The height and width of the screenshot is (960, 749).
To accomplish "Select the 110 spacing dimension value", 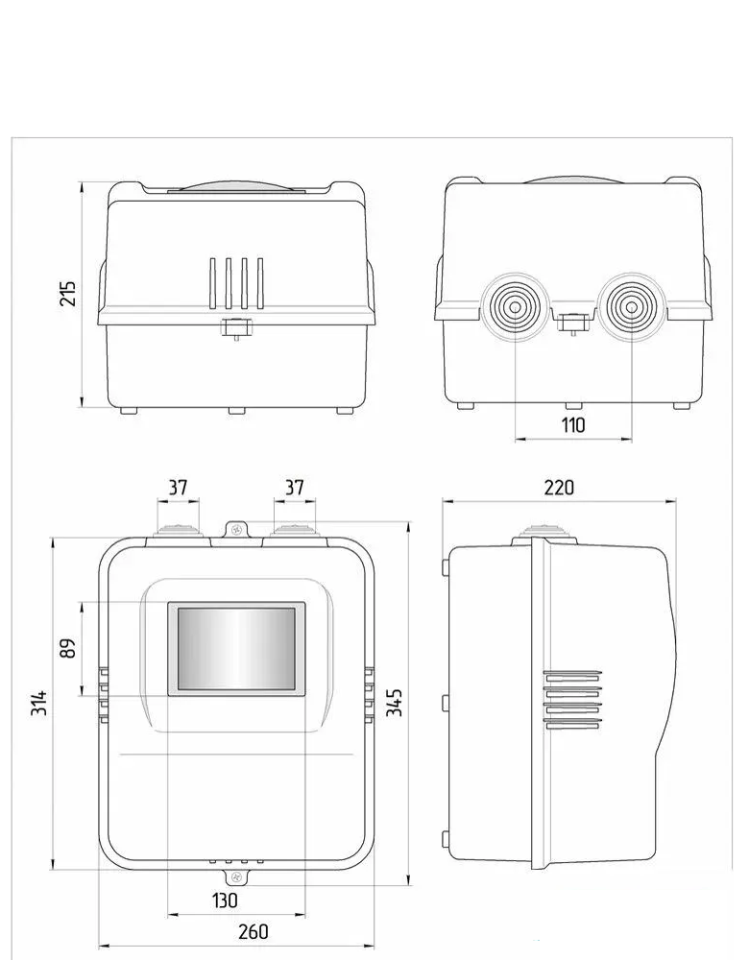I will (x=573, y=424).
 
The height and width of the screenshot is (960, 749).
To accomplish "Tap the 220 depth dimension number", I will (x=559, y=488).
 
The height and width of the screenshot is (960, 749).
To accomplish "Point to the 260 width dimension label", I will (x=253, y=931).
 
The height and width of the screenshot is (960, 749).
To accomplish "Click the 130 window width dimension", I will (x=225, y=900).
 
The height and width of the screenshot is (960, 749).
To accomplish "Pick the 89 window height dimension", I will (x=68, y=648).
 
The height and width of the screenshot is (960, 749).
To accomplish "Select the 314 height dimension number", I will (x=38, y=708).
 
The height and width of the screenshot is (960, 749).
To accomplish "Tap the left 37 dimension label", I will (x=178, y=488).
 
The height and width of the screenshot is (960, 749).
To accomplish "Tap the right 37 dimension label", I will (x=295, y=488).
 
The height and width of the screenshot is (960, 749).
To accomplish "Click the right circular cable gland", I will (x=631, y=308).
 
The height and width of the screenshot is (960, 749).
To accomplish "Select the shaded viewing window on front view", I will (x=236, y=649).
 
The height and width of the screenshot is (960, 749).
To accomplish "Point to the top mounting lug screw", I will (x=237, y=528).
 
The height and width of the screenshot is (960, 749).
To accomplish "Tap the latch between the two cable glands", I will (x=572, y=324).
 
